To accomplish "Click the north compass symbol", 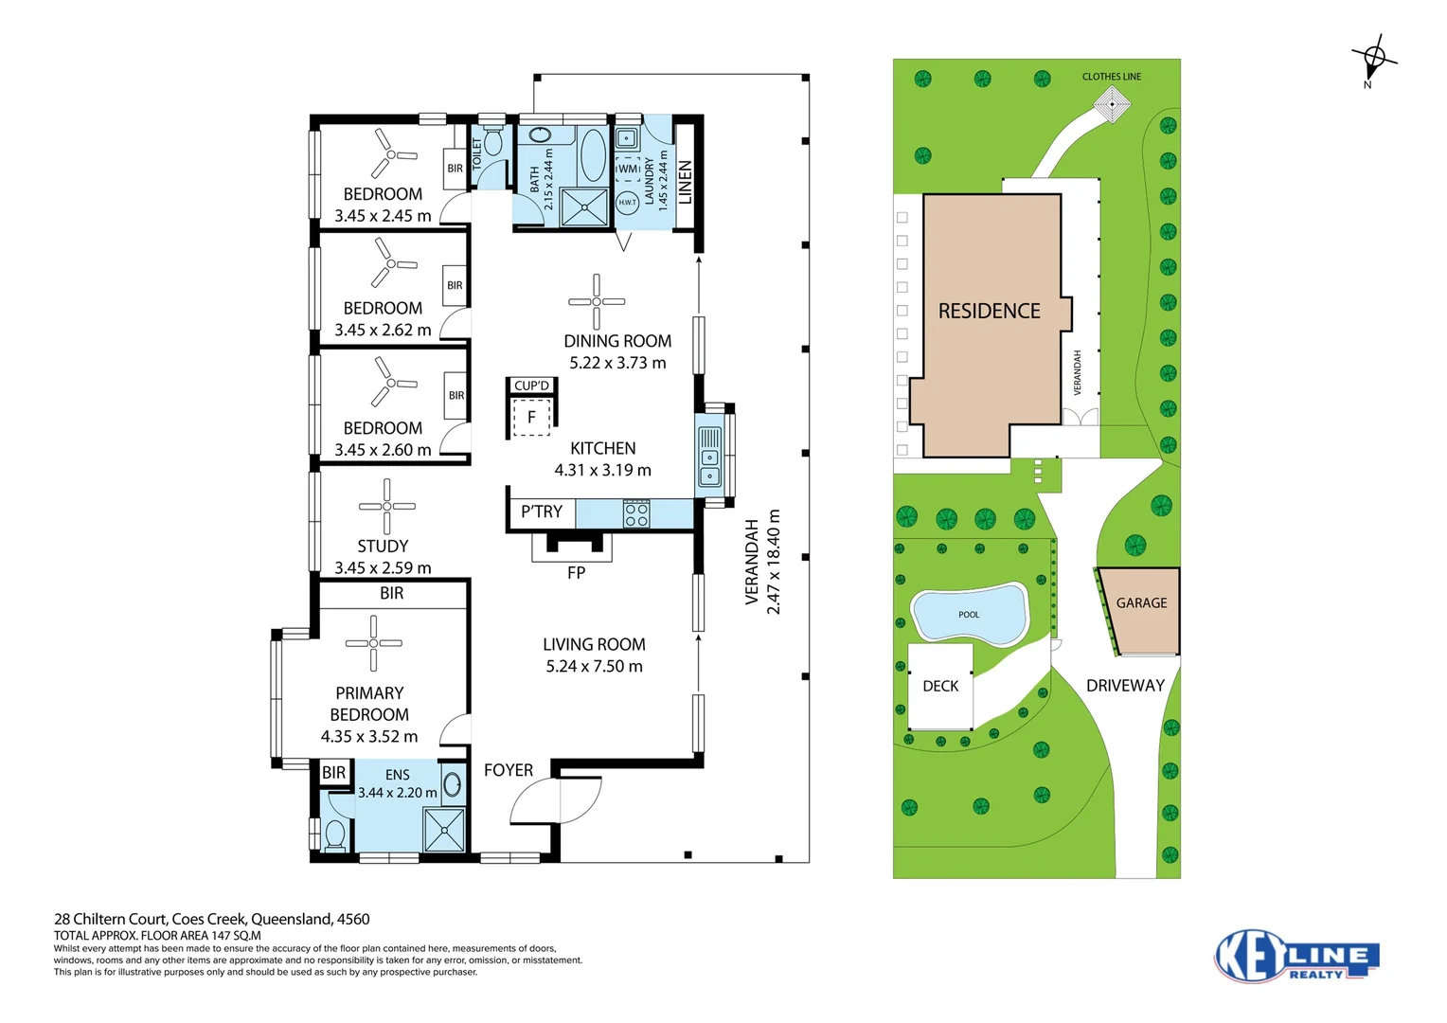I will tap(1373, 61).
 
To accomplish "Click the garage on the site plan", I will tap(1140, 611).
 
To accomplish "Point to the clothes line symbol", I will tap(1113, 104).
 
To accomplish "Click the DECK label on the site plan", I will tap(940, 686).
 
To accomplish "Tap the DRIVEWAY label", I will tap(1125, 686).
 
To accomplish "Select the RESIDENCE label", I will tap(989, 312).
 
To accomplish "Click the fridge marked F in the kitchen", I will tap(531, 417).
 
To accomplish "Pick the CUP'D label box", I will tap(531, 386).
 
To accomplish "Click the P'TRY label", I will tap(542, 512).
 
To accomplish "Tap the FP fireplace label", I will tap(576, 572).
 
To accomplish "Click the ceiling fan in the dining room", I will tap(597, 301).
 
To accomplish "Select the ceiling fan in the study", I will tap(386, 506).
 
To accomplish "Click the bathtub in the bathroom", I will tap(593, 155).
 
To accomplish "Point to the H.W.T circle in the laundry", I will tap(627, 203).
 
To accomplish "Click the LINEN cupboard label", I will tap(686, 182).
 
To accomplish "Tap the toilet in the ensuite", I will tap(334, 835).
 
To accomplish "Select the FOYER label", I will tap(509, 770).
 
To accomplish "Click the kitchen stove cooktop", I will tap(636, 514).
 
